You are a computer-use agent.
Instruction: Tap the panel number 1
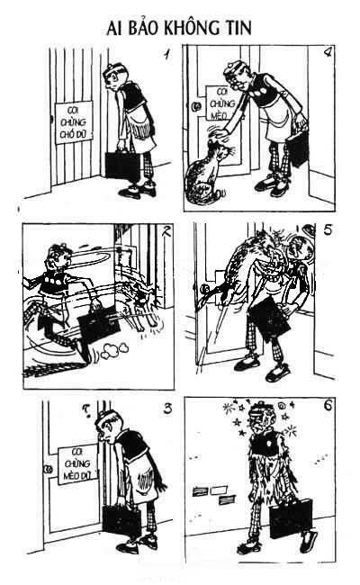(x=166, y=54)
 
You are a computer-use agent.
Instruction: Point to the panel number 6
(x=328, y=405)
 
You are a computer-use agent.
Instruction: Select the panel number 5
(x=328, y=229)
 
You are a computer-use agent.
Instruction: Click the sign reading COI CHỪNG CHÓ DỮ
(x=74, y=122)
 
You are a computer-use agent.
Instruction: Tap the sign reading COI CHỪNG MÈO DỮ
(x=77, y=463)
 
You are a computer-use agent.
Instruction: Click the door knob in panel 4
(x=196, y=106)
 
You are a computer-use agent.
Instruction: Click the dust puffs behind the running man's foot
(x=115, y=350)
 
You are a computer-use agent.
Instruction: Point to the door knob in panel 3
(x=48, y=469)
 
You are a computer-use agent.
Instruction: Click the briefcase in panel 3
(x=121, y=521)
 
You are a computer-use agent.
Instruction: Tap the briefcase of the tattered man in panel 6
(x=290, y=518)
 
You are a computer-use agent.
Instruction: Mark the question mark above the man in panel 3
(x=85, y=410)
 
